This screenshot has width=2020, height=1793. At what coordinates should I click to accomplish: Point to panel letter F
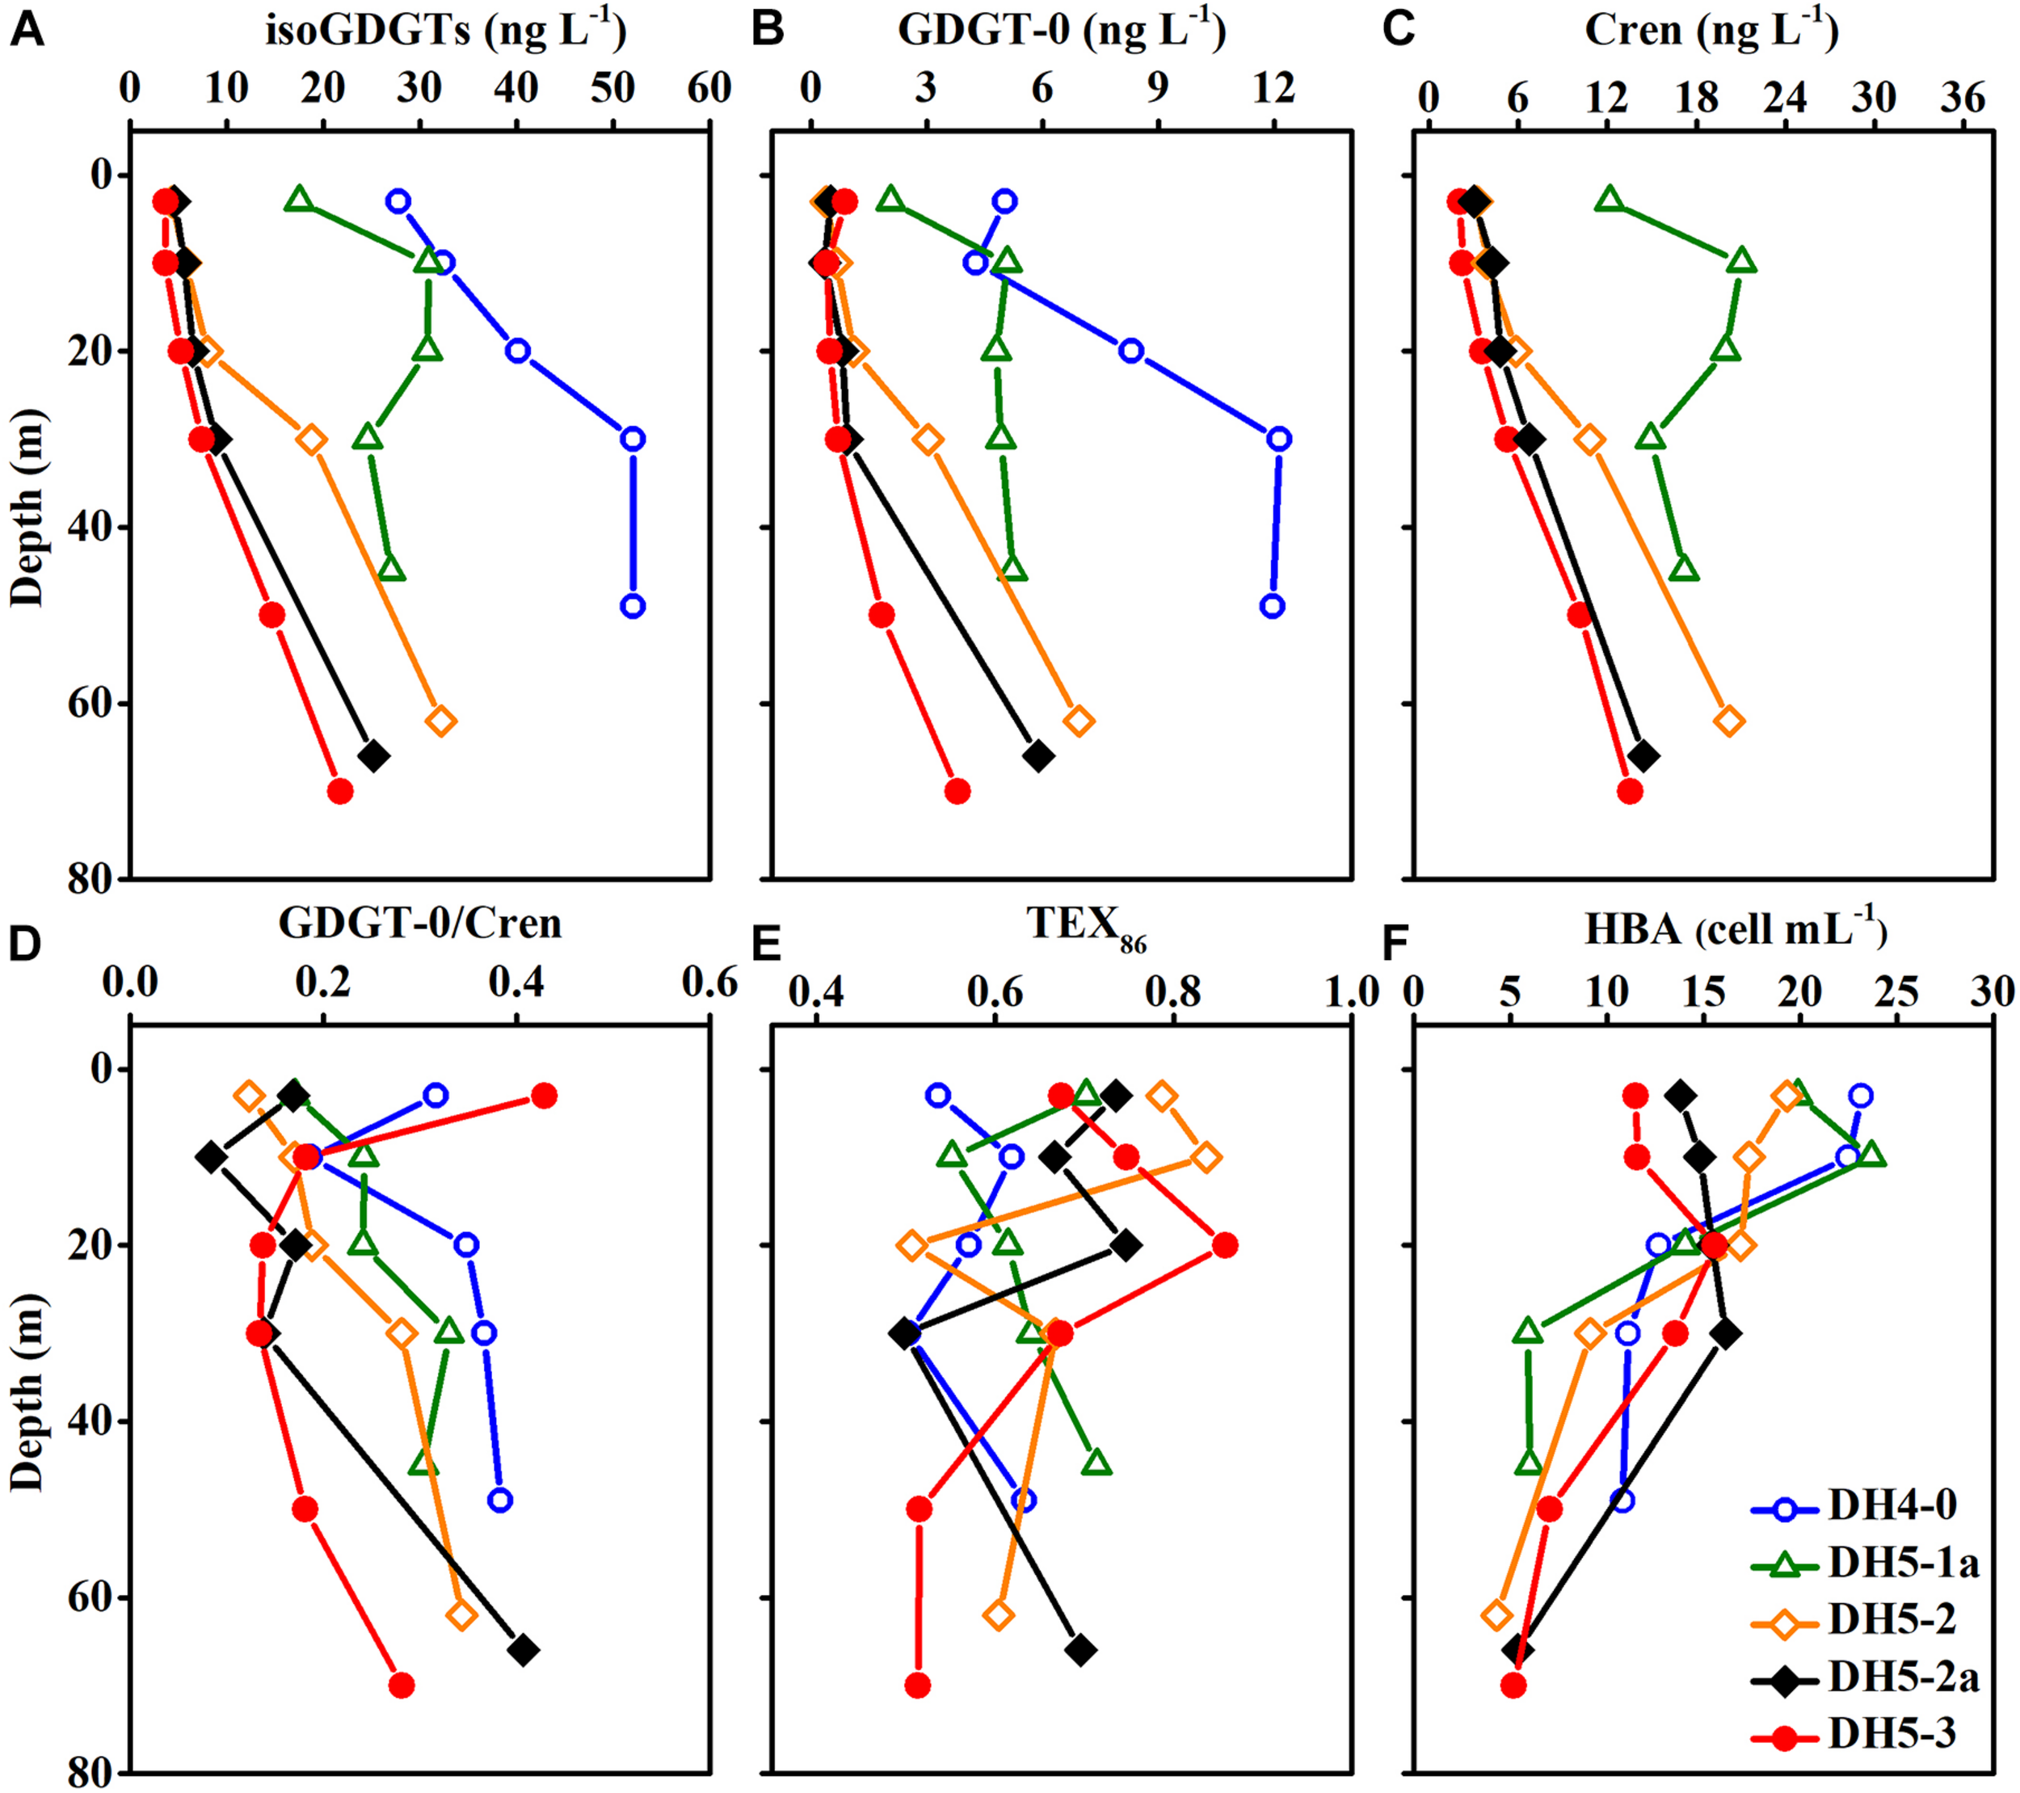pos(1394,945)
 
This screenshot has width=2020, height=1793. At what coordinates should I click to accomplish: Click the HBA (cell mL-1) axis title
pos(1736,930)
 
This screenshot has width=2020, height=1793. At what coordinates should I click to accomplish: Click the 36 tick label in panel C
pos(1963,98)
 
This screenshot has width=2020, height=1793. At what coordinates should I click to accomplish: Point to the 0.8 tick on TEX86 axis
pos(1172,991)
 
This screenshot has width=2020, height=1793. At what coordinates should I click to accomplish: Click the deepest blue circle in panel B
pos(1273,606)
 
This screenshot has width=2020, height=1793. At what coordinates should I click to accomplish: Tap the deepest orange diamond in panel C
pos(1728,721)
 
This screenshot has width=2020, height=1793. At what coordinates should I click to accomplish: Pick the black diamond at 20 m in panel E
pos(1126,1245)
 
